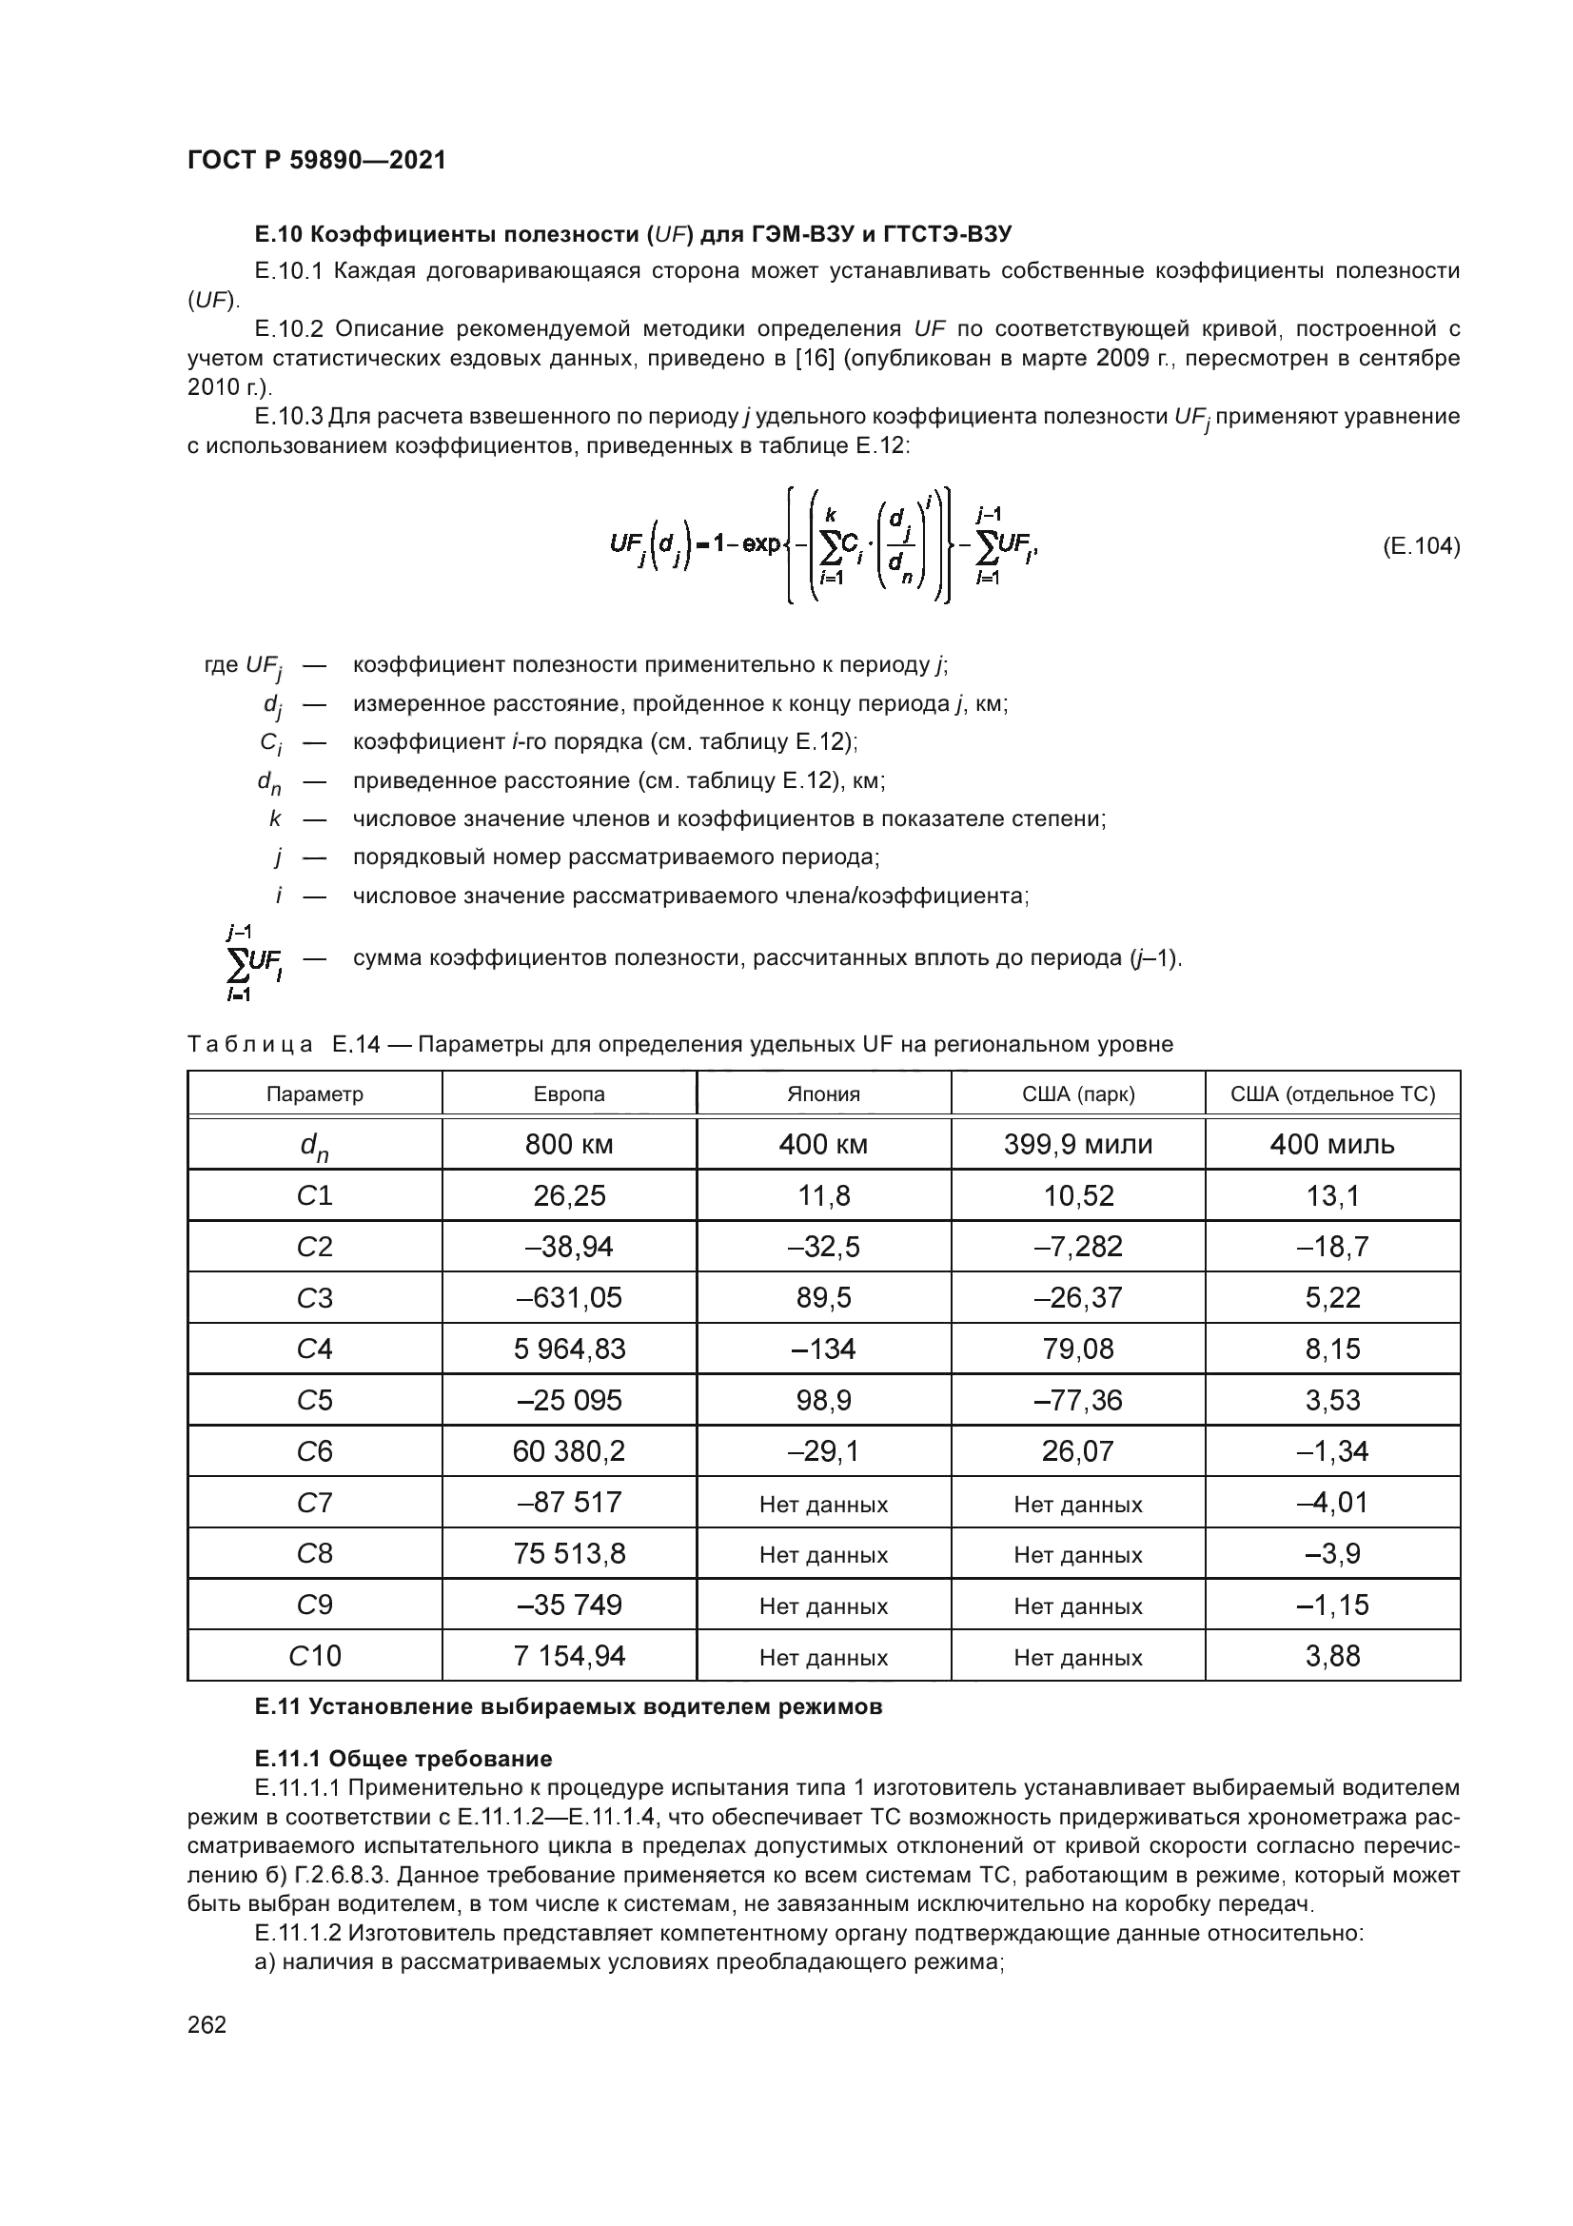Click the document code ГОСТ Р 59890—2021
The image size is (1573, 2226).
coord(317,161)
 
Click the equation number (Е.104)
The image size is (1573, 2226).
coord(1420,547)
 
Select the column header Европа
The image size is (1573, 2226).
coord(569,1094)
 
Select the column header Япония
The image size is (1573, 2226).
coord(823,1094)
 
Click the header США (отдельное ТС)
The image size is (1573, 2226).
coord(1331,1094)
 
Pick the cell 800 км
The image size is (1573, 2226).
coord(569,1145)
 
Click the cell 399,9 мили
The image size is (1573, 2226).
coord(1078,1145)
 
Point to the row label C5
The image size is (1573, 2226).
coord(314,1401)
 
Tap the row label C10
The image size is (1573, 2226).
coord(314,1657)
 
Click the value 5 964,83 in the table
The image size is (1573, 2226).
coord(569,1349)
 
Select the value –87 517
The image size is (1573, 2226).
coord(569,1503)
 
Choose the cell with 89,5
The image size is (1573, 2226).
coord(823,1298)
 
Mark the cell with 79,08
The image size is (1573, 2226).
coord(1078,1349)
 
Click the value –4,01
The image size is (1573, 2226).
coord(1331,1503)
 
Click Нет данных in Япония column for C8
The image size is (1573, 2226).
coord(823,1555)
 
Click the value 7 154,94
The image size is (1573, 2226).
coord(569,1657)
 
